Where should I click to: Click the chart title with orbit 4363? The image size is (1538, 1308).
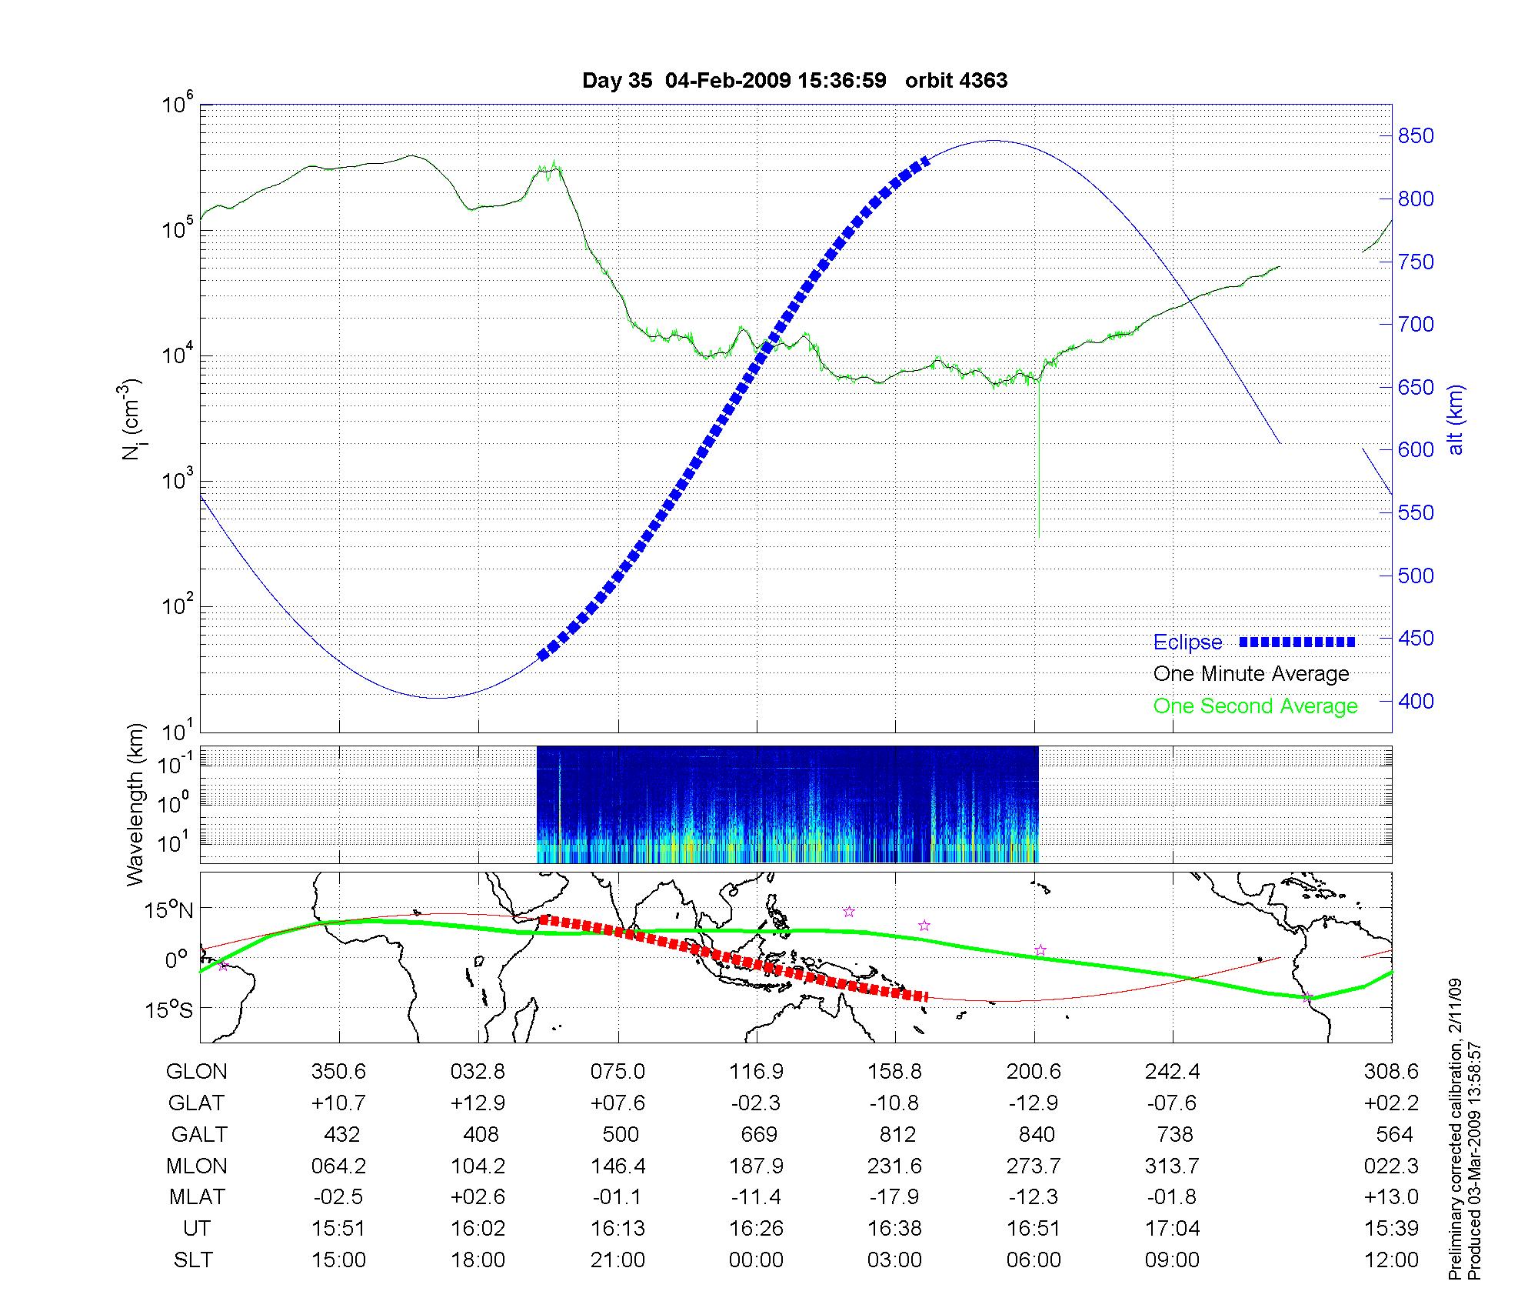point(794,81)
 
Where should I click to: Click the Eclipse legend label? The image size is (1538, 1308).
point(1187,642)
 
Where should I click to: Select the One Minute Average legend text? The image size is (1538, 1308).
point(1251,674)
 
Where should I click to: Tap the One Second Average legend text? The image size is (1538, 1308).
point(1255,706)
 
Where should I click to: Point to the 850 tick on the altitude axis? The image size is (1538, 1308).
point(1416,136)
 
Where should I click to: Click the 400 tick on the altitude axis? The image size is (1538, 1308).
point(1416,701)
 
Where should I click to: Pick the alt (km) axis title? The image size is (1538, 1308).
point(1456,419)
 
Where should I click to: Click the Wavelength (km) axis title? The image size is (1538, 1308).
point(136,805)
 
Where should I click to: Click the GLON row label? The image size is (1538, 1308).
point(196,1072)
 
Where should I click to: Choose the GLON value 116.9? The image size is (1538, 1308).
point(757,1072)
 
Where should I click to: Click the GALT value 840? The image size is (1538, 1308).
point(1036,1135)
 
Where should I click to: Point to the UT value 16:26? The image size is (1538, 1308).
point(757,1229)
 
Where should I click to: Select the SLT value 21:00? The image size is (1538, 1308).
point(618,1260)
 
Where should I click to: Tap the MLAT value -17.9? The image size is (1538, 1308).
point(894,1197)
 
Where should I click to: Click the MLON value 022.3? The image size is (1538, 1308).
point(1390,1166)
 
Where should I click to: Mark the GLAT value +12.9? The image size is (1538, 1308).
point(478,1103)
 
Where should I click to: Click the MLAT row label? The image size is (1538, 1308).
point(197,1197)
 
